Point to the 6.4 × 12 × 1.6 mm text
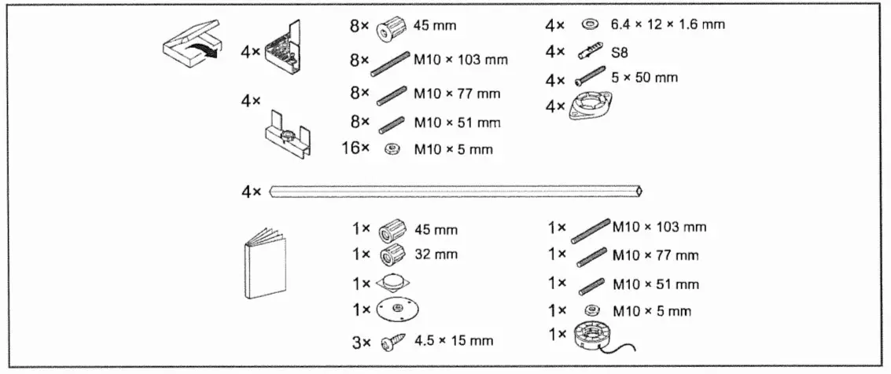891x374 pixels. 667,24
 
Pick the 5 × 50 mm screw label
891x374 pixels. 644,77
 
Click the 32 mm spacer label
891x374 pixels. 435,255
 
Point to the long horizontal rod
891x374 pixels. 456,191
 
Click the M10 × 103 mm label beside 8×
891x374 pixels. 461,59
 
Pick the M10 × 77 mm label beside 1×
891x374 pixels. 654,255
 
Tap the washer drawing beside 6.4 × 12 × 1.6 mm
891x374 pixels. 585,24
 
